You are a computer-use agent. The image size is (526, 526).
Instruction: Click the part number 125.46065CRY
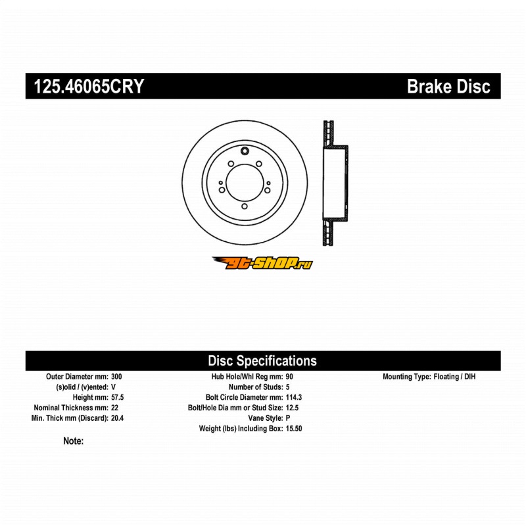point(89,86)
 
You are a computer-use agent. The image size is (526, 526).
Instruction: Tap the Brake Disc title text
point(448,86)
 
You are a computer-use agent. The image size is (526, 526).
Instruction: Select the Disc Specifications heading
point(262,360)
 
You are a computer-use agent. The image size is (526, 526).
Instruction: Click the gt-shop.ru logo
point(262,263)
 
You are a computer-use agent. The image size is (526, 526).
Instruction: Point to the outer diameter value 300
point(116,376)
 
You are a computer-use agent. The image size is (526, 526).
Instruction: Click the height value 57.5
point(118,397)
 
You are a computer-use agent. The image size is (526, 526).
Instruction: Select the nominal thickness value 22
point(114,408)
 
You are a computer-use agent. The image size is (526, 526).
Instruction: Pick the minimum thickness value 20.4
point(118,418)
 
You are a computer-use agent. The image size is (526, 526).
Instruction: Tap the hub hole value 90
point(289,376)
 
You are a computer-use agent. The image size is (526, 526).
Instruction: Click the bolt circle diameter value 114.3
point(294,397)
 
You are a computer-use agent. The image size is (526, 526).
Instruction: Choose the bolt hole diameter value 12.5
point(292,408)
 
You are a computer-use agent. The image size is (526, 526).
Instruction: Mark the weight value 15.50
point(294,429)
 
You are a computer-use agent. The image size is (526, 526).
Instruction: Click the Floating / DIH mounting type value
point(454,376)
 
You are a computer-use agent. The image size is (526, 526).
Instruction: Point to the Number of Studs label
point(256,387)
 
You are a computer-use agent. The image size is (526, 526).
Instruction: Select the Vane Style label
point(266,418)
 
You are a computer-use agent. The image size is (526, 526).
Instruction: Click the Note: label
point(74,441)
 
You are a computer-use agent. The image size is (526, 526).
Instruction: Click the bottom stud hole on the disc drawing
point(245,206)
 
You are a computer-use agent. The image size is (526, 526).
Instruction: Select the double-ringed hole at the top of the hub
point(245,151)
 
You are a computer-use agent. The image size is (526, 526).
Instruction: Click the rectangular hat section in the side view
point(335,183)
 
